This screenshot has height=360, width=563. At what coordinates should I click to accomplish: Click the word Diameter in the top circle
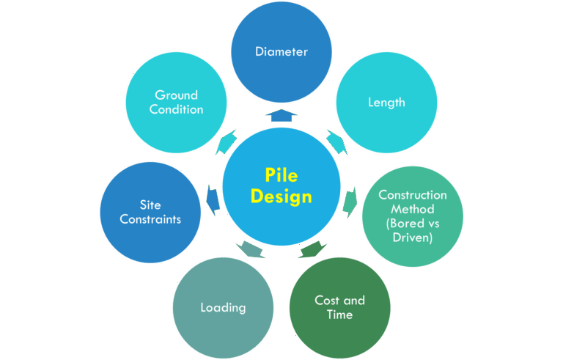click(x=281, y=51)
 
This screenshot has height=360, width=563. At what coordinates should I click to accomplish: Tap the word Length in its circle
click(x=386, y=102)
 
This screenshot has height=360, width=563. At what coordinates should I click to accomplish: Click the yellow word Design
click(x=281, y=196)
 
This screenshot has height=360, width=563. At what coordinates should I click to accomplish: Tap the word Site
click(x=150, y=205)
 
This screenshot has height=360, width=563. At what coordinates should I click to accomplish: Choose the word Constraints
click(x=150, y=218)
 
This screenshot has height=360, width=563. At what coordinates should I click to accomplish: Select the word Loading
click(x=223, y=307)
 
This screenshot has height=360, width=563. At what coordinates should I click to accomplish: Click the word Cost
click(x=328, y=301)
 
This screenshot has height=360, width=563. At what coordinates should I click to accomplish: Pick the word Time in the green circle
click(x=340, y=315)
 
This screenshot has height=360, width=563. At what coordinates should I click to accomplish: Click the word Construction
click(x=412, y=195)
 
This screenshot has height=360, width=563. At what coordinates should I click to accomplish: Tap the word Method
click(x=412, y=209)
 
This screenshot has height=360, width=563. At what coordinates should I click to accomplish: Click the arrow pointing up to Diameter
click(x=281, y=115)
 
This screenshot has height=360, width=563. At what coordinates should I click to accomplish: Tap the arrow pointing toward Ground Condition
click(x=226, y=139)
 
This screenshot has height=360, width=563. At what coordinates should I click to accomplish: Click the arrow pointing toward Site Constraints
click(x=213, y=197)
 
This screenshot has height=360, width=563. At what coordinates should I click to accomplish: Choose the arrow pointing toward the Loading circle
click(x=249, y=249)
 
